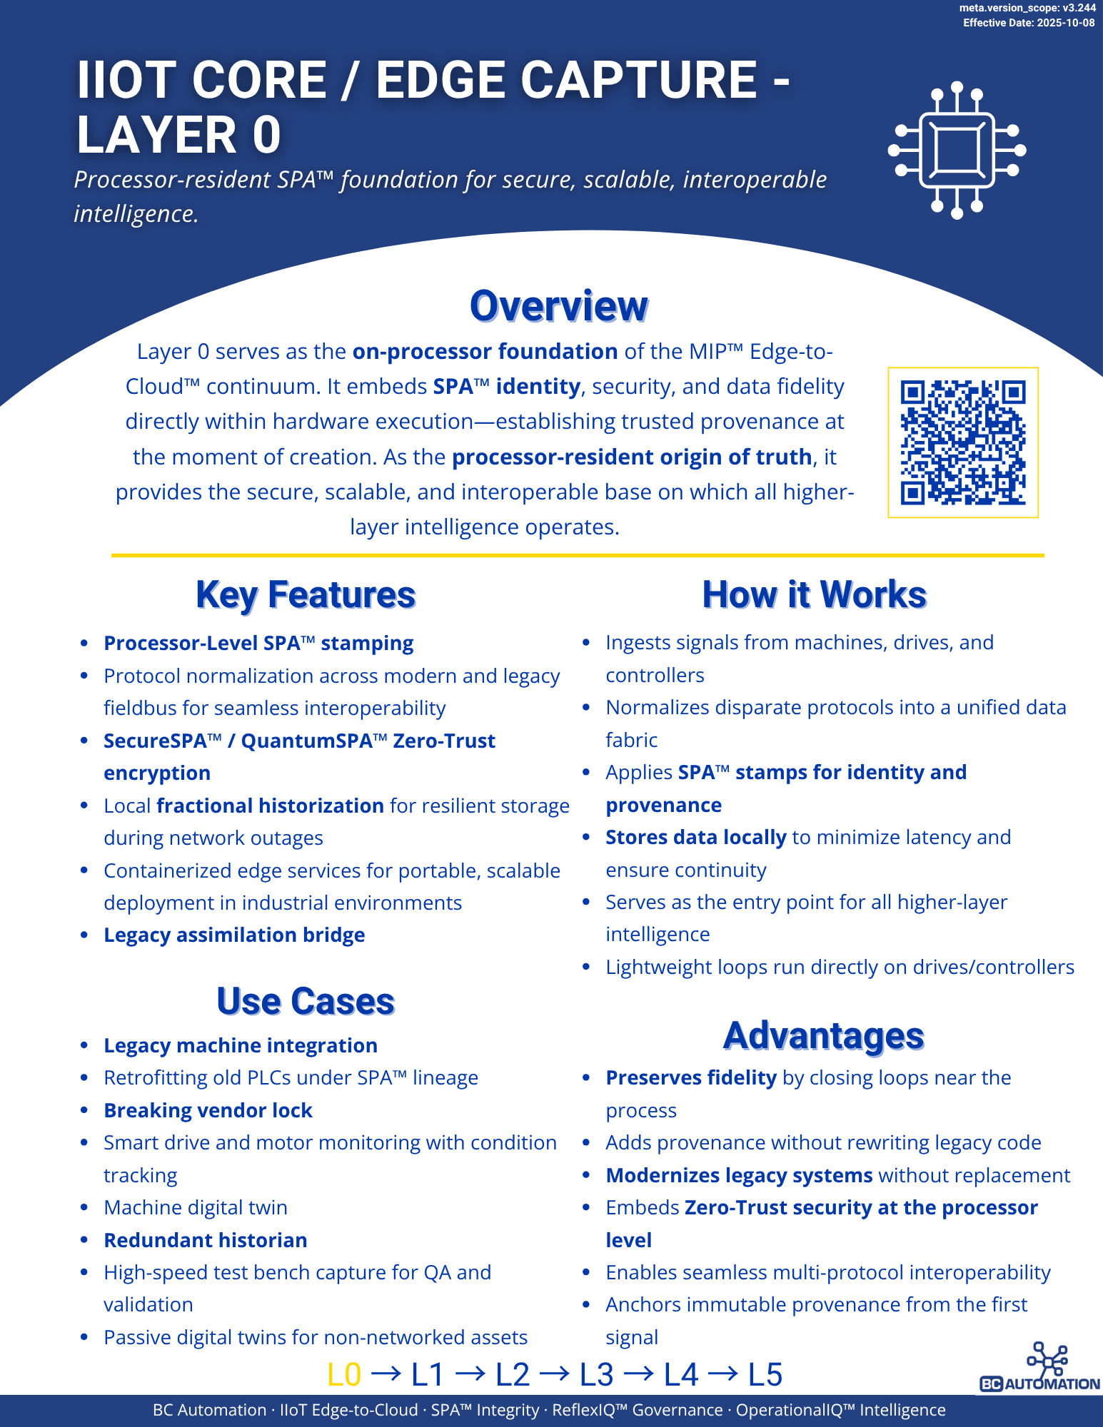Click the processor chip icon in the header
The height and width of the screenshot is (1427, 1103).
(x=957, y=151)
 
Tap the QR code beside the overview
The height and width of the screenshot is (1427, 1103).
(x=962, y=442)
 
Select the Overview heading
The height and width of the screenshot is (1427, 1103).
(x=558, y=306)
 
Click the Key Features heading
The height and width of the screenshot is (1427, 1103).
(x=306, y=595)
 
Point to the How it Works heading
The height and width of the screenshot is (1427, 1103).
(x=814, y=595)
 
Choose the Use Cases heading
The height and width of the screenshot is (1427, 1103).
(x=306, y=1001)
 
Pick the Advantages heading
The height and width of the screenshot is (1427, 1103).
(x=823, y=1036)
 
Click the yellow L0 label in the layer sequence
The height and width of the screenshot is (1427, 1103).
(x=344, y=1374)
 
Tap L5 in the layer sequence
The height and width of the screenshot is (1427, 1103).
(x=765, y=1374)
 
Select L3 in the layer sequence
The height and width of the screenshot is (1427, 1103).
(x=596, y=1374)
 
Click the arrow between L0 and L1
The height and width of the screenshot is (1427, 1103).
(x=386, y=1373)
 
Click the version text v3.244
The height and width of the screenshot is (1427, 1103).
(x=1079, y=8)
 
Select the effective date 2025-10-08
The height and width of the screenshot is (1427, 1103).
(x=1065, y=23)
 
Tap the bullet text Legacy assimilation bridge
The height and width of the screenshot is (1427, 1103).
(x=234, y=935)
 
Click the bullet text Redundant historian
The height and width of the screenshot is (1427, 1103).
(x=206, y=1240)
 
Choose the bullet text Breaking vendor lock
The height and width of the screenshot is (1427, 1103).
(x=208, y=1110)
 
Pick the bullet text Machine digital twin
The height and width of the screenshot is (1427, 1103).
(x=196, y=1207)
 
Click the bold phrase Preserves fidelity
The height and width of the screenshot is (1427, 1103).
(x=690, y=1077)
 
